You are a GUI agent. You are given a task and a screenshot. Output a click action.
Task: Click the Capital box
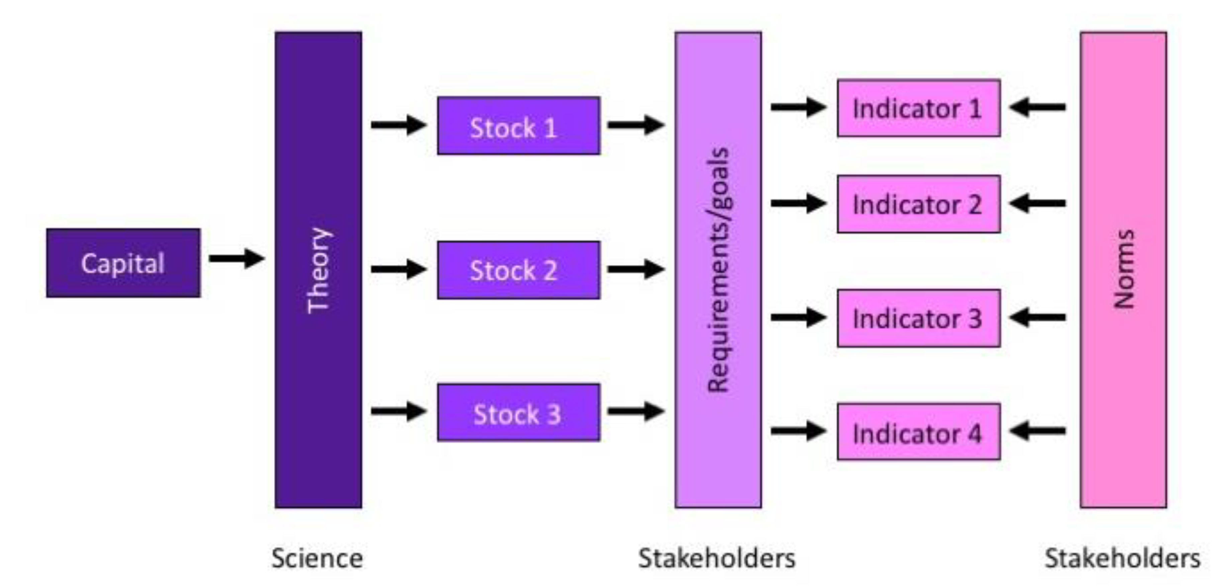click(123, 263)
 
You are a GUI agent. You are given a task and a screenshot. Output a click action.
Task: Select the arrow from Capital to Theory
click(237, 259)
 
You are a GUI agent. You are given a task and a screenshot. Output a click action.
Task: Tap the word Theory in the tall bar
click(318, 270)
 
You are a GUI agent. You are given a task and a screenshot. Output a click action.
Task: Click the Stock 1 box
click(519, 126)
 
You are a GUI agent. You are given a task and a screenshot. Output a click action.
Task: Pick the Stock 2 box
click(519, 270)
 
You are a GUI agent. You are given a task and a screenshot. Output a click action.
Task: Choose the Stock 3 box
click(519, 412)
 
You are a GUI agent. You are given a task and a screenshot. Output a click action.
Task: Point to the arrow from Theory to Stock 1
click(398, 125)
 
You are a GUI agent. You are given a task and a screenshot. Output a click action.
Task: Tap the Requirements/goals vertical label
click(718, 270)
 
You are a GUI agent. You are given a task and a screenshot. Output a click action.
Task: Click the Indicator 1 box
click(918, 108)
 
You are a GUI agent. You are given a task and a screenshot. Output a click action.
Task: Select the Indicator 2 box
click(918, 204)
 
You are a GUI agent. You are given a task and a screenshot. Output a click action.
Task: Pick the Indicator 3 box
click(918, 318)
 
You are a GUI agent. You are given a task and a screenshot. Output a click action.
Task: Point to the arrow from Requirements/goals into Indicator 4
click(798, 430)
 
